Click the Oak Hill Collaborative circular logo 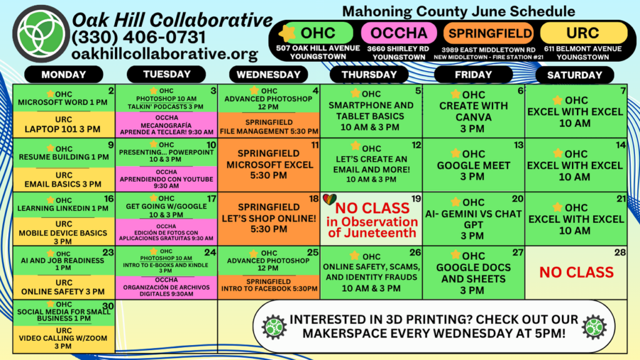point(41,34)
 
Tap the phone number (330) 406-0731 point(138,37)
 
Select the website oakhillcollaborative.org point(164,54)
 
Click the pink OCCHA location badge point(399,33)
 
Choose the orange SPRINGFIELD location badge point(489,33)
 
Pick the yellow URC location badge point(583,33)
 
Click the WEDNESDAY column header point(269,75)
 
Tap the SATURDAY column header point(575,75)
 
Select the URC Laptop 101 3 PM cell point(64,124)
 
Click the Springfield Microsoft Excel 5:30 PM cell point(269,165)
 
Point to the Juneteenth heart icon point(329,199)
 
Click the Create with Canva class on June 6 point(474,111)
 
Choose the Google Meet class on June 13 point(474,165)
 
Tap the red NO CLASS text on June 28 point(576,272)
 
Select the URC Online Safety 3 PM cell point(64,287)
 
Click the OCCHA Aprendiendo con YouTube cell point(166,179)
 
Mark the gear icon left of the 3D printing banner point(274,327)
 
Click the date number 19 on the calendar point(416,199)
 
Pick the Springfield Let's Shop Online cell point(269,219)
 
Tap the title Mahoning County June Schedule point(458,11)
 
